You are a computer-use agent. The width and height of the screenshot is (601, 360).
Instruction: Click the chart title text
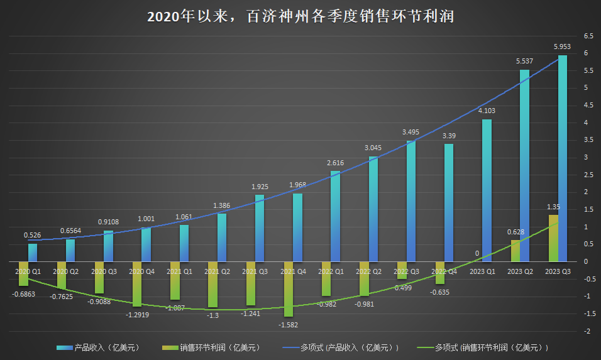pos(300,16)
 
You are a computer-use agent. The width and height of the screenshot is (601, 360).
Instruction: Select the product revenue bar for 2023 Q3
pos(562,157)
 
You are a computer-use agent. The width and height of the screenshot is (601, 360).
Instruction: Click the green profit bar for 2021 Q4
pos(289,289)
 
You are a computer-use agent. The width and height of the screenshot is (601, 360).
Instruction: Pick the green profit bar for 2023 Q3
pos(553,238)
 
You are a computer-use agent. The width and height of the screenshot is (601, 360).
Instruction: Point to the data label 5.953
pos(562,46)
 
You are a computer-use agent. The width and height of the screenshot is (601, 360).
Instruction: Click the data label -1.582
pos(289,325)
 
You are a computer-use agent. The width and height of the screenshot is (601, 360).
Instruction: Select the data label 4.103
pos(487,111)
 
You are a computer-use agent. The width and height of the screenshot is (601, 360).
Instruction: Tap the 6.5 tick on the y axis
pos(588,36)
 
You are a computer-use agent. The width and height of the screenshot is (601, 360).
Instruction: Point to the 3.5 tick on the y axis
pos(588,140)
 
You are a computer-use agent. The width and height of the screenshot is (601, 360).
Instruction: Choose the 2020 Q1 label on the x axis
pos(28,271)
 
